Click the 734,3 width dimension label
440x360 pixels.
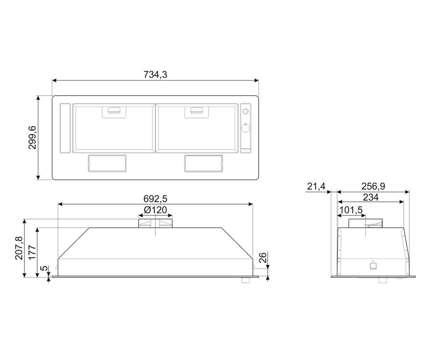click(x=155, y=75)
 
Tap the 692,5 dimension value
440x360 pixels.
click(x=155, y=199)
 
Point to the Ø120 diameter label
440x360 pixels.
click(x=155, y=210)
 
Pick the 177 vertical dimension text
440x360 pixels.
click(x=32, y=253)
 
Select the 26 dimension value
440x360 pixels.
click(x=262, y=258)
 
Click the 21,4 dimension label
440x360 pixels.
click(x=317, y=186)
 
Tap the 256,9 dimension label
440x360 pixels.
click(x=373, y=186)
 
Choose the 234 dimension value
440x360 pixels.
click(x=370, y=197)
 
